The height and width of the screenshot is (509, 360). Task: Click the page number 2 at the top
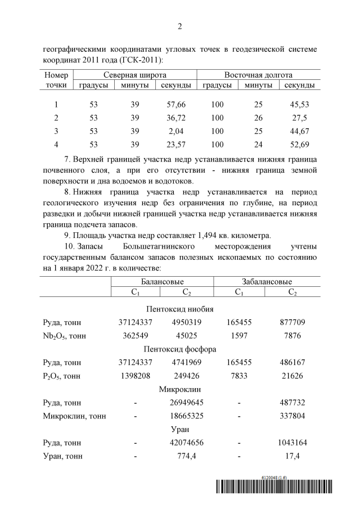pyautogui.click(x=180, y=26)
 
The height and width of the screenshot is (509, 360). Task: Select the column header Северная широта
pyautogui.click(x=135, y=75)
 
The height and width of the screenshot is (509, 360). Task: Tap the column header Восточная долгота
pyautogui.click(x=258, y=75)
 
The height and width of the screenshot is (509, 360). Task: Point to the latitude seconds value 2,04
pyautogui.click(x=176, y=131)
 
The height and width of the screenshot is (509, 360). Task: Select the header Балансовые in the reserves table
pyautogui.click(x=160, y=282)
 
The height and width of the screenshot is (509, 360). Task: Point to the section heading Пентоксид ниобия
pyautogui.click(x=179, y=309)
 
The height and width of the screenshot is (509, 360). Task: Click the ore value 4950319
pyautogui.click(x=187, y=322)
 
